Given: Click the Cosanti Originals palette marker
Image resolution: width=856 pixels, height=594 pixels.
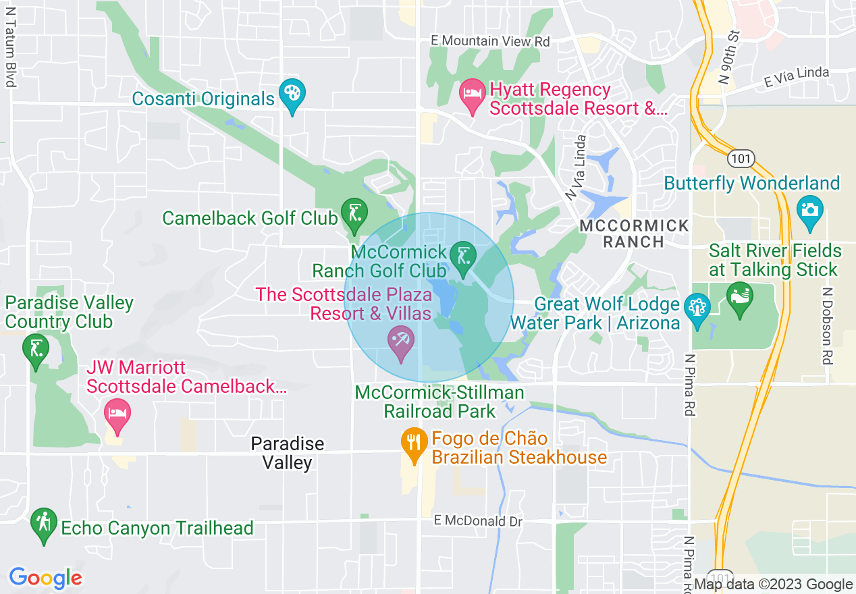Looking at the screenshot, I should click(292, 95).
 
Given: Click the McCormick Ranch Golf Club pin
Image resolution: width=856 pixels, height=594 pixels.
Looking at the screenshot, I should click(463, 258).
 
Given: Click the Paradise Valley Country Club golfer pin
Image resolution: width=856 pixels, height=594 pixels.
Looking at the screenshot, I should click(36, 350).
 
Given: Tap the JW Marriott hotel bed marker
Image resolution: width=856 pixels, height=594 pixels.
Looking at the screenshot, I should click(117, 414).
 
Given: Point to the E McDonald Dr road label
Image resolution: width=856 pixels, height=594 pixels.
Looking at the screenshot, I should click(479, 520).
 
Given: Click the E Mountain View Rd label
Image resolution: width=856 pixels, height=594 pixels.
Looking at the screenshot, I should click(491, 41).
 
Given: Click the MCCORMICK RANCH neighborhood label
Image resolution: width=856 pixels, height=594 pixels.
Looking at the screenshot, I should click(635, 234).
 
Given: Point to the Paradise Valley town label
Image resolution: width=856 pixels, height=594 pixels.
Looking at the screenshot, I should click(288, 453).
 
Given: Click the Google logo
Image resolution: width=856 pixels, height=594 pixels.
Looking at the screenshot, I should click(45, 578).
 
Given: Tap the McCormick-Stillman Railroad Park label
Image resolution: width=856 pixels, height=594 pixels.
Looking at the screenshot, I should click(439, 402).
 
